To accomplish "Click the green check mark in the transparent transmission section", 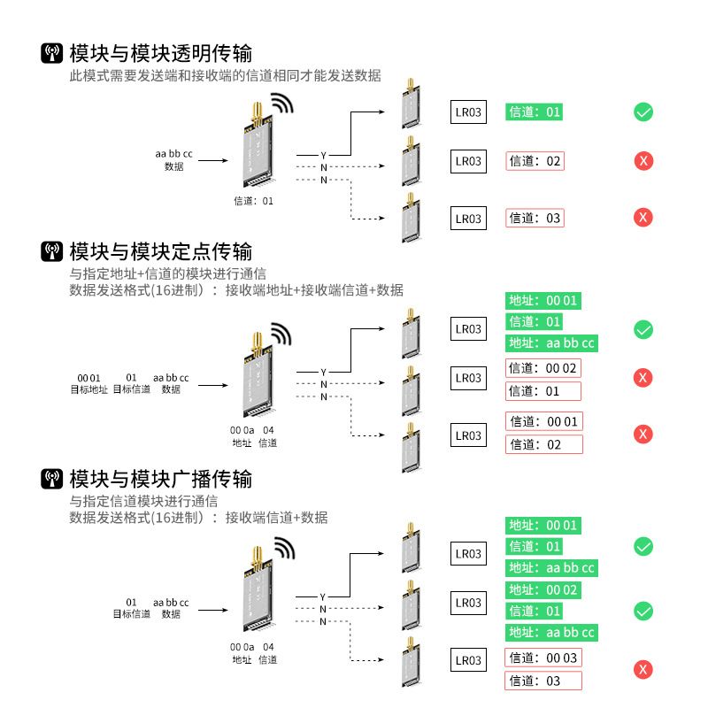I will tap(643, 112).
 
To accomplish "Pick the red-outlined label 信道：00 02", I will tap(543, 368).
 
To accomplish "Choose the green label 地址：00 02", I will tap(543, 589).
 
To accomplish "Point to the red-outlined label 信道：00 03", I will tap(543, 658).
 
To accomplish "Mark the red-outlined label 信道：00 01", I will tap(543, 422).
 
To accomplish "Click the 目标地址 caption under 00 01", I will tap(89, 389).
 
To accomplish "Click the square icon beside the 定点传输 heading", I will tap(52, 250).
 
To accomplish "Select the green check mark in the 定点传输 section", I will tap(643, 330).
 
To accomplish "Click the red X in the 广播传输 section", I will tap(643, 669).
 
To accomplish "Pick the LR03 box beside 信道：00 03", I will tap(468, 660).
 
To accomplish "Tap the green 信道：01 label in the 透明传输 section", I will tap(534, 112).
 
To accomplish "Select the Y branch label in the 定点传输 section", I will tap(324, 372).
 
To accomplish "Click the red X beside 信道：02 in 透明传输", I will tap(643, 161).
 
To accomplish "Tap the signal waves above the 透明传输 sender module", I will tap(281, 104).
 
